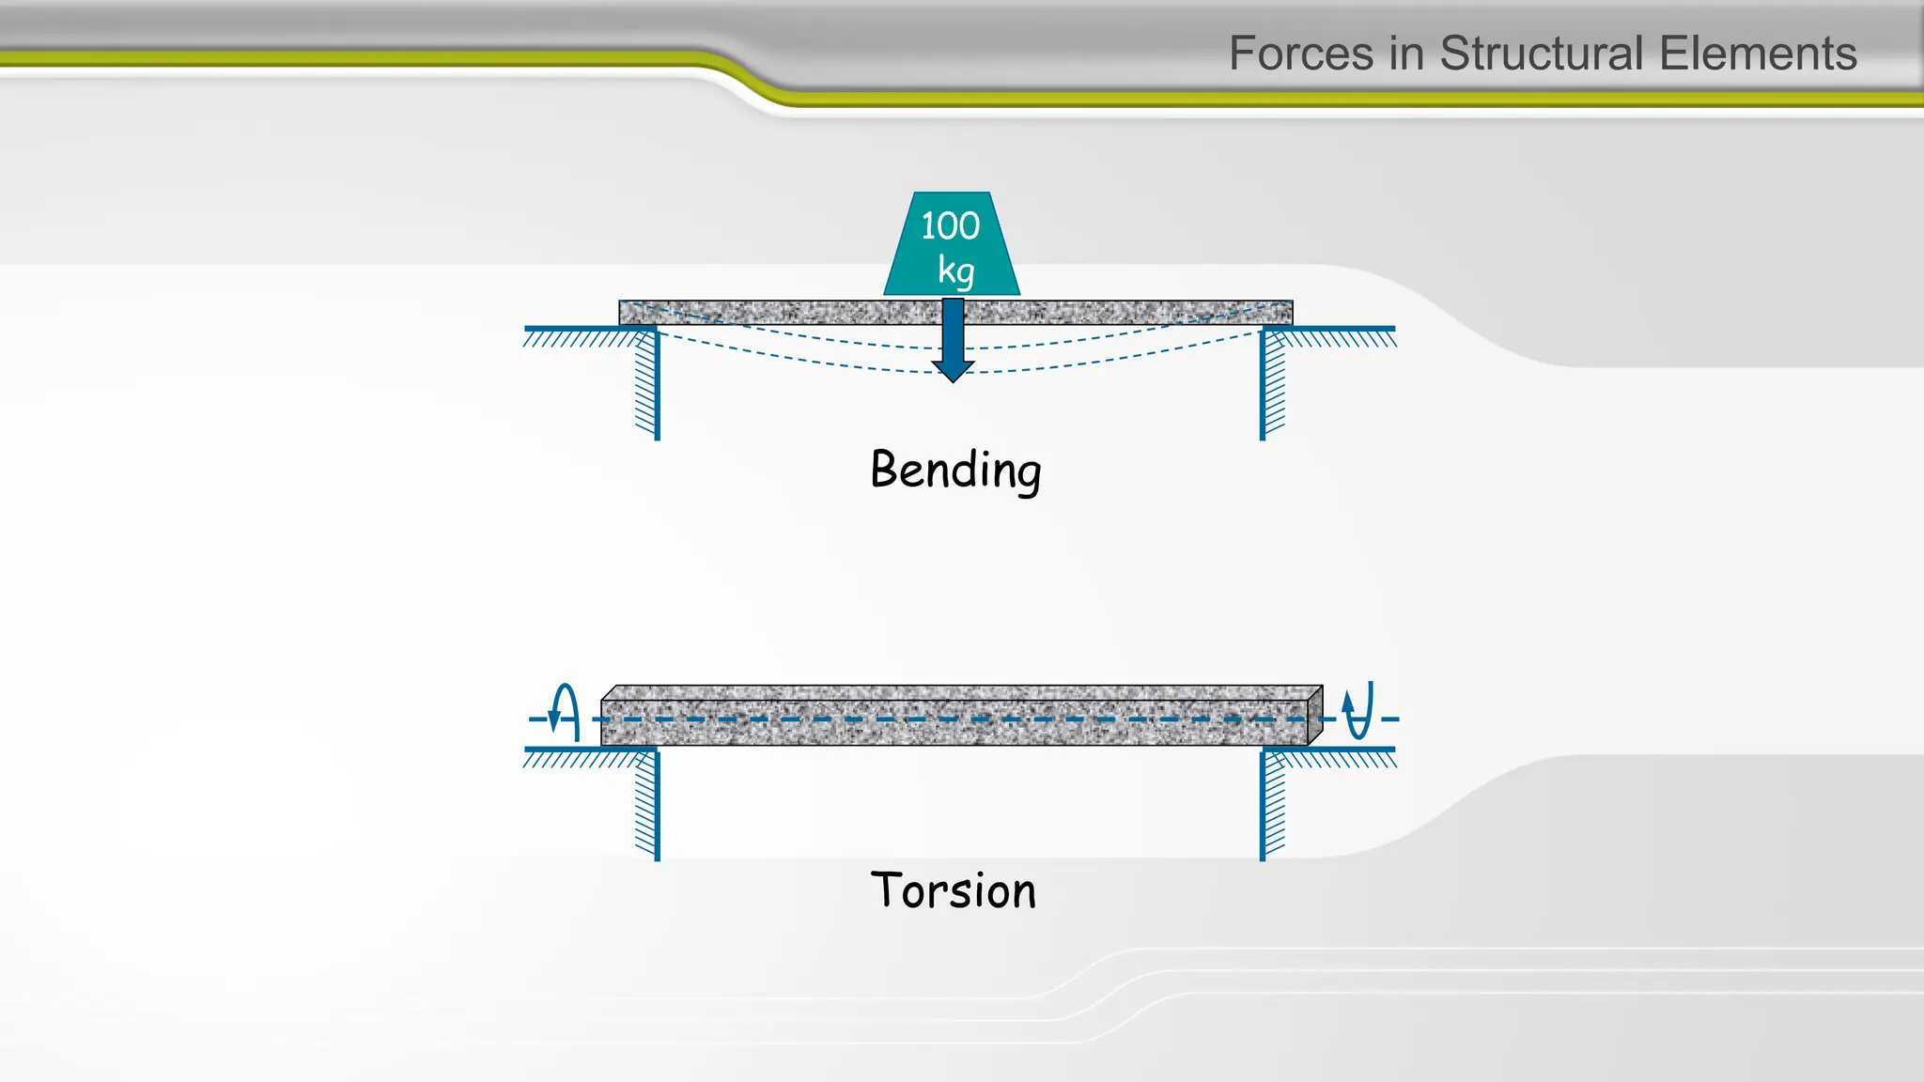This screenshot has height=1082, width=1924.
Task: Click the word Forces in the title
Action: pyautogui.click(x=1302, y=54)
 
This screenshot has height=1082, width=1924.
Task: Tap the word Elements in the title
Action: pyautogui.click(x=1758, y=54)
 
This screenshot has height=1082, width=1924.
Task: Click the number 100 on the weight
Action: pyautogui.click(x=950, y=225)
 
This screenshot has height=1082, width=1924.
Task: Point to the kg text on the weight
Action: pyautogui.click(x=955, y=270)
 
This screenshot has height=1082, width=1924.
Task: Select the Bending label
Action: pyautogui.click(x=955, y=470)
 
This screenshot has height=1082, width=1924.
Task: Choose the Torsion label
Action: pyautogui.click(x=954, y=890)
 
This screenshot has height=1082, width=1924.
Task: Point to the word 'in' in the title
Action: pyautogui.click(x=1404, y=54)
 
